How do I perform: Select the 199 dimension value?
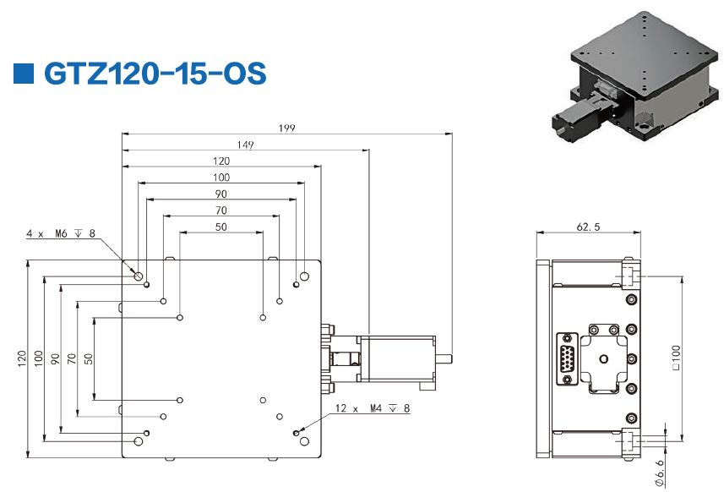click(x=287, y=128)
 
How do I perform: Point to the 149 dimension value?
click(x=245, y=145)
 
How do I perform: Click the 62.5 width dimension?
click(x=589, y=227)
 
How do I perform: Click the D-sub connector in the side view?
click(x=565, y=359)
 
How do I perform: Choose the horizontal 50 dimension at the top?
click(x=221, y=227)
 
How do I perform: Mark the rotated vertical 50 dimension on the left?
click(x=89, y=358)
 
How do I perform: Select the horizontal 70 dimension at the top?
click(x=221, y=210)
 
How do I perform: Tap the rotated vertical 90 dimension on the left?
click(x=55, y=358)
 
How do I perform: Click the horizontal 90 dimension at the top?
click(x=221, y=194)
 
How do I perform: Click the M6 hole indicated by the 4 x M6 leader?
click(x=138, y=275)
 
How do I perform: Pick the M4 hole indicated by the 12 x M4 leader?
click(x=295, y=434)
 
